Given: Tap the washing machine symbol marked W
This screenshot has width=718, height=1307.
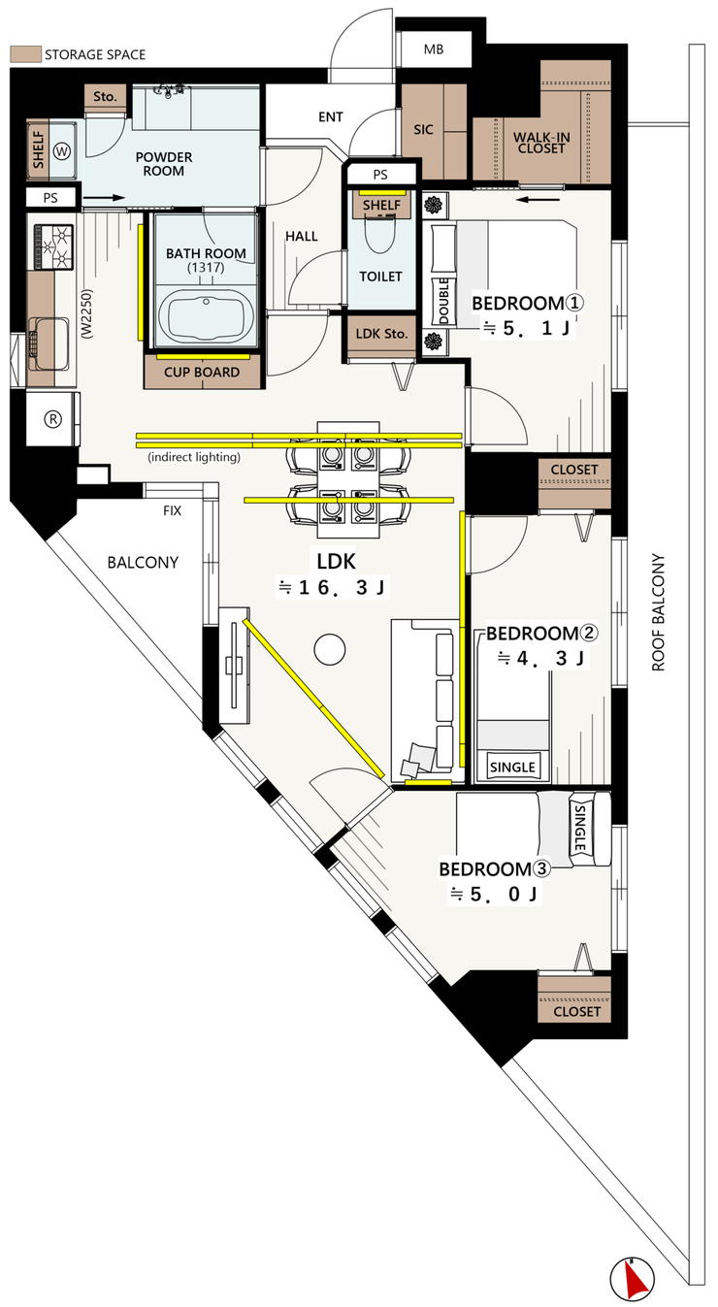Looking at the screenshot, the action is tap(62, 152).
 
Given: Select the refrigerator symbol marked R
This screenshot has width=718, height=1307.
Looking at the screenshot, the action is tap(53, 419).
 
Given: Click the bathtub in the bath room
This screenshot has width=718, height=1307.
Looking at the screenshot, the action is tap(205, 317).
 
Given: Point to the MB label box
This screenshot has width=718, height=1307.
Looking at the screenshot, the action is tap(434, 49).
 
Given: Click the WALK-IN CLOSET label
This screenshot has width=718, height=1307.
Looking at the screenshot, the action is tap(541, 143).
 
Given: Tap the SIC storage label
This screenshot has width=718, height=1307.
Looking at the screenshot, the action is tap(423, 129).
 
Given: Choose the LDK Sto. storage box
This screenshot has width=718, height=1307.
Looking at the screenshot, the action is tap(381, 335).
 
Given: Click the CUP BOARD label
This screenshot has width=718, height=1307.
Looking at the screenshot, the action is tap(202, 373).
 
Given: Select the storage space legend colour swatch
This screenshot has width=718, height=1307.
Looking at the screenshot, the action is tap(25, 55).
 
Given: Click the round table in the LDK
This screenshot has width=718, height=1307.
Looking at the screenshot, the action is tap(330, 649).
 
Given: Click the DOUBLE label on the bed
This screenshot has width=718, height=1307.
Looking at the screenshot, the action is tap(443, 301).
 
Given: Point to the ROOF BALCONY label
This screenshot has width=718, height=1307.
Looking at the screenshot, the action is tap(658, 612).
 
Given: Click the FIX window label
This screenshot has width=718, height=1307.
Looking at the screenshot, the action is tap(172, 511).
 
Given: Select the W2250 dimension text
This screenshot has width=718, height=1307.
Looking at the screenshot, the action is tap(87, 313).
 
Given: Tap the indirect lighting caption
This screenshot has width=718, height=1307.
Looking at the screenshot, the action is tap(194, 457).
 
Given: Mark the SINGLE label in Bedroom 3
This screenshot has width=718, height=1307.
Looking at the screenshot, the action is tap(580, 828).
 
